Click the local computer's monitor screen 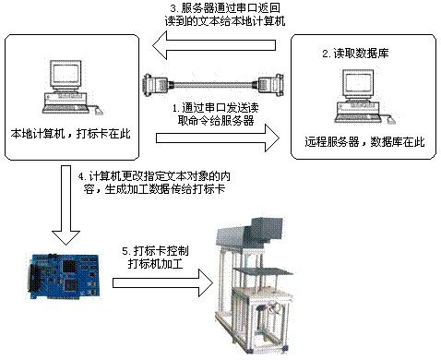coord(66,75)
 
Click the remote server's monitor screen coord(358,84)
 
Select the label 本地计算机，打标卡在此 coord(70,134)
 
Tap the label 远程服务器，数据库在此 coord(364,142)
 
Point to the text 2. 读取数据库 coord(355,54)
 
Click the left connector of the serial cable coord(155,84)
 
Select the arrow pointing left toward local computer coord(214,45)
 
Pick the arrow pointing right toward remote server coord(218,138)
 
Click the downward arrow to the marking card coord(66,205)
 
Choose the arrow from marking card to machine coord(162,283)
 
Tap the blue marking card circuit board coord(65,276)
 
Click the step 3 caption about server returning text coord(225,14)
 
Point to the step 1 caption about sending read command coord(216,114)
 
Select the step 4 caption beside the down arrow coord(154,183)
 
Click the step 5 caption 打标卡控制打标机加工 coord(155,258)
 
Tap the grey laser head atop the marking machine coord(249,233)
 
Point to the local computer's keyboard coord(66,108)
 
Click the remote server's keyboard coord(359,117)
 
